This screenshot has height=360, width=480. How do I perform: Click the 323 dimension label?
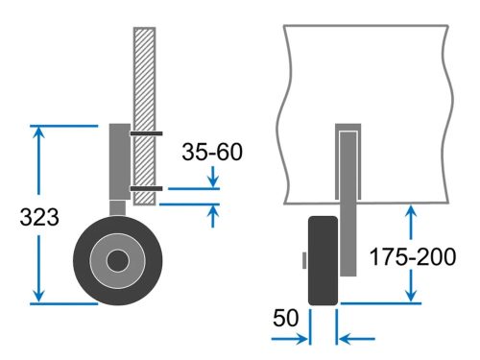pyautogui.click(x=39, y=217)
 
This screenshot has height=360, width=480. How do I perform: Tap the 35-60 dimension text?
pyautogui.click(x=212, y=152)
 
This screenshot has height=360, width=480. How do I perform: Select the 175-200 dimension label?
pyautogui.click(x=413, y=256)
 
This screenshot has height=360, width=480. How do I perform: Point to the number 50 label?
pyautogui.click(x=285, y=318)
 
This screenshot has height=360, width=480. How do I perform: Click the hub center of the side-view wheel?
pyautogui.click(x=118, y=261)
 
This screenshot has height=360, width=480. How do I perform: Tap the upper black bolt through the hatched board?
pyautogui.click(x=146, y=133)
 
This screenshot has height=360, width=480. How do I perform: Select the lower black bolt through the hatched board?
pyautogui.click(x=146, y=189)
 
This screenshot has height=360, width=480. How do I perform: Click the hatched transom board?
pyautogui.click(x=145, y=116)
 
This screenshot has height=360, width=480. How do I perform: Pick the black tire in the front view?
pyautogui.click(x=323, y=261)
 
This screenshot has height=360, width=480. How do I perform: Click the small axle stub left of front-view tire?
pyautogui.click(x=304, y=260)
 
